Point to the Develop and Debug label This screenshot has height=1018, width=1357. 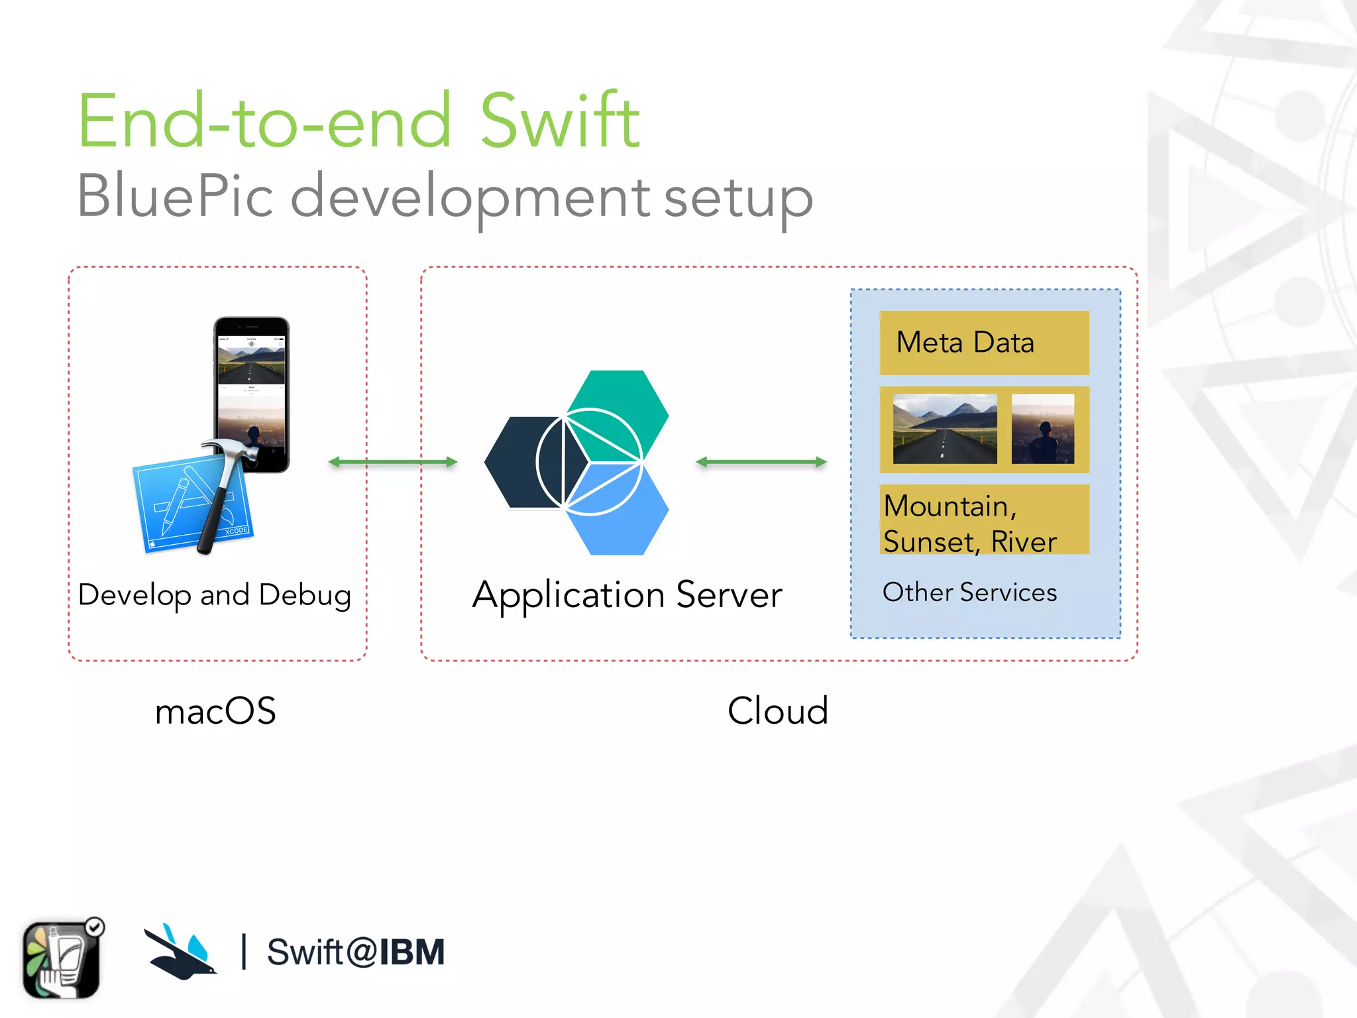coord(214,595)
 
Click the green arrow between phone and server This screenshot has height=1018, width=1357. coord(393,462)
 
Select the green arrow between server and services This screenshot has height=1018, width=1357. coord(761,462)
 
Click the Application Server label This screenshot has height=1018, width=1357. coord(627,594)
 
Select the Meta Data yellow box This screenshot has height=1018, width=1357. coord(984,343)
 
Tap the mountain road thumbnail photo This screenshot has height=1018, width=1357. coord(944,429)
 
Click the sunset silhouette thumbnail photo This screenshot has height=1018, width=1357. coord(1042,429)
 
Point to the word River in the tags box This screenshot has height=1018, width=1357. coord(1023,541)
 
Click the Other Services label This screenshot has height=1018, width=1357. coord(969,592)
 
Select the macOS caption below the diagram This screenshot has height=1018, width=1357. coord(215,711)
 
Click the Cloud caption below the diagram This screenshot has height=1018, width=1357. coord(778,711)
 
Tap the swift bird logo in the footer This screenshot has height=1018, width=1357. coord(180,953)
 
